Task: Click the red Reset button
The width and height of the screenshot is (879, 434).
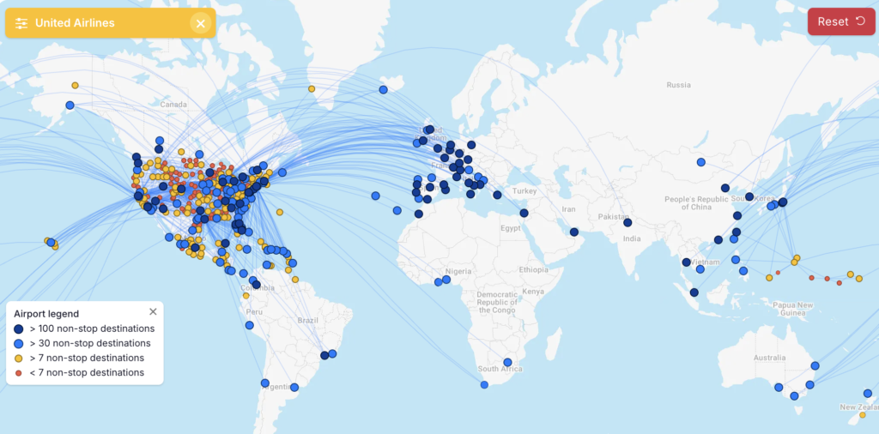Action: point(841,21)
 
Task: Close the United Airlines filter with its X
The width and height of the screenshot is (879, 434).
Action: point(200,23)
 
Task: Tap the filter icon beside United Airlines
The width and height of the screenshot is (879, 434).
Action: point(21,23)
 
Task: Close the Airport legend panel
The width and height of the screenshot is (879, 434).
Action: point(153,312)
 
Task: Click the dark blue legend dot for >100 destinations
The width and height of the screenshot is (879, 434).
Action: point(19,329)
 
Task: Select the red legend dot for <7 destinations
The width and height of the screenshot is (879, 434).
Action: point(19,373)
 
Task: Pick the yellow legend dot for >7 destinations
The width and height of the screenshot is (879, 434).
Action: point(19,359)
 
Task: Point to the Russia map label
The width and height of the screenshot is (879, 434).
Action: point(678,85)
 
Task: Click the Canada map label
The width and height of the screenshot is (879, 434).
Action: point(173,105)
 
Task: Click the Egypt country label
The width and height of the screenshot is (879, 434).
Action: point(512,228)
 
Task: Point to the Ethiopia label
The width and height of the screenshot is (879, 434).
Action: point(533,269)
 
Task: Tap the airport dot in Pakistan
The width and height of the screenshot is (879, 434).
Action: point(627,222)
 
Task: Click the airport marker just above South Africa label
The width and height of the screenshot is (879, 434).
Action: point(507,362)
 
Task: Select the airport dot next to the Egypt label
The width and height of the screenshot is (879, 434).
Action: point(524,213)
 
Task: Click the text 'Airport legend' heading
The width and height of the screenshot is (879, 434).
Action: point(46,314)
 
